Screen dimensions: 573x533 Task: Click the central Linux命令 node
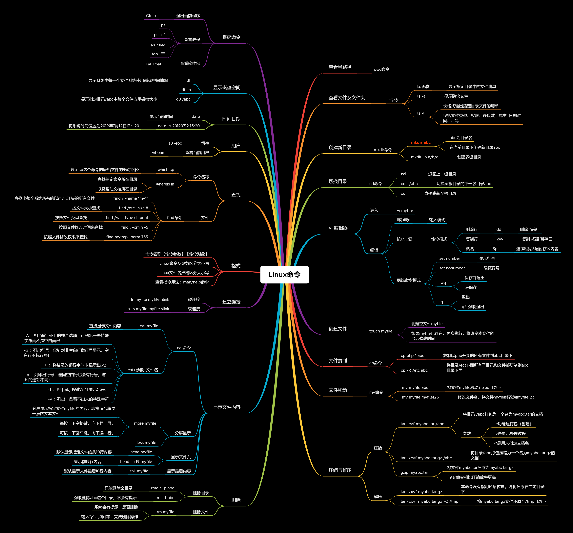pos(284,275)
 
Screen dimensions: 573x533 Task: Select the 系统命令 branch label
pos(231,37)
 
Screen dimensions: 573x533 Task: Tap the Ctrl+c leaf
pos(152,16)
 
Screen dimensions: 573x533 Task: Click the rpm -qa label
pos(153,63)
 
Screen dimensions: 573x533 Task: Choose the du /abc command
pos(183,99)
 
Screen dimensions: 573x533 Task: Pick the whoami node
pos(159,153)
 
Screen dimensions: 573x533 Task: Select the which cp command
pos(166,170)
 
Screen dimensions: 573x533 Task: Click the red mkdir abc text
pos(421,142)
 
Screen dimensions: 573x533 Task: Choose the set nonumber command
pos(452,268)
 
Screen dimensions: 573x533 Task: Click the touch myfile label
pos(381,331)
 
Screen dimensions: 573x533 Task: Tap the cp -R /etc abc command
pos(414,370)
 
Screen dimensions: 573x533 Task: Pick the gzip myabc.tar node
pos(414,472)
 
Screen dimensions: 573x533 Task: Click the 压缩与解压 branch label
pos(340,470)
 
